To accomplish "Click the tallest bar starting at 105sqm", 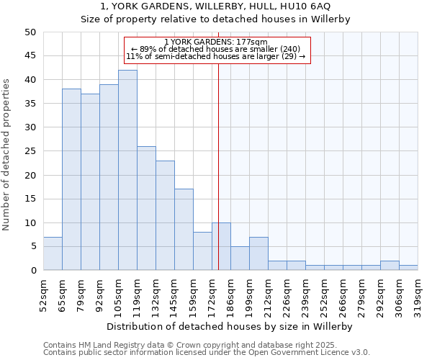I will point(127,170).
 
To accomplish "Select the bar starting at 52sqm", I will point(53,253).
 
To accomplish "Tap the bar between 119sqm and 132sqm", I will point(146,208).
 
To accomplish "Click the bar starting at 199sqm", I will point(258,253).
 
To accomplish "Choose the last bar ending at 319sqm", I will point(408,268).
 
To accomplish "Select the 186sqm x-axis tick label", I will point(231,294).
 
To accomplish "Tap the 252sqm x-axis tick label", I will point(325,294).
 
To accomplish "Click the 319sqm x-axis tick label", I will point(418,294).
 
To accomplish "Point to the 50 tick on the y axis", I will point(30,32).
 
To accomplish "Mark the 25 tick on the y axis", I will point(30,151).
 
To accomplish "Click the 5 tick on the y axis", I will point(33,246).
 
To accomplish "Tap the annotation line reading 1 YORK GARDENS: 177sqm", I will point(216,42).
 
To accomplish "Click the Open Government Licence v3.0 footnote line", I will point(207,353).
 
